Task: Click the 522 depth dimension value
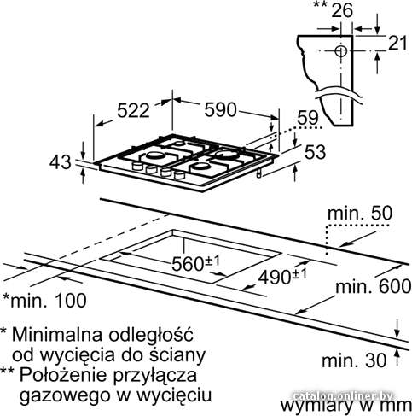133,110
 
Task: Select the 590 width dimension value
220,109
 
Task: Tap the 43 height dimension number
61,162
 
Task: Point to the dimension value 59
308,118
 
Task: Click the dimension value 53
315,152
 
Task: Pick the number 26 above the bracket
342,10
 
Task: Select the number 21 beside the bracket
397,44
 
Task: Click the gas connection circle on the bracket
340,51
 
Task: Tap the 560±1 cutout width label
196,263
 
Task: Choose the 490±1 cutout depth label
282,277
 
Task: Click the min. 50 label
360,214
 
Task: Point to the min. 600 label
374,286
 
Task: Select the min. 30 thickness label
354,360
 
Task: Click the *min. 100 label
44,300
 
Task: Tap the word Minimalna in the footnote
57,334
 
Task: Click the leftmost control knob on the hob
137,167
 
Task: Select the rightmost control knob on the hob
179,175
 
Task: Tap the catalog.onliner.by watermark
343,395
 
